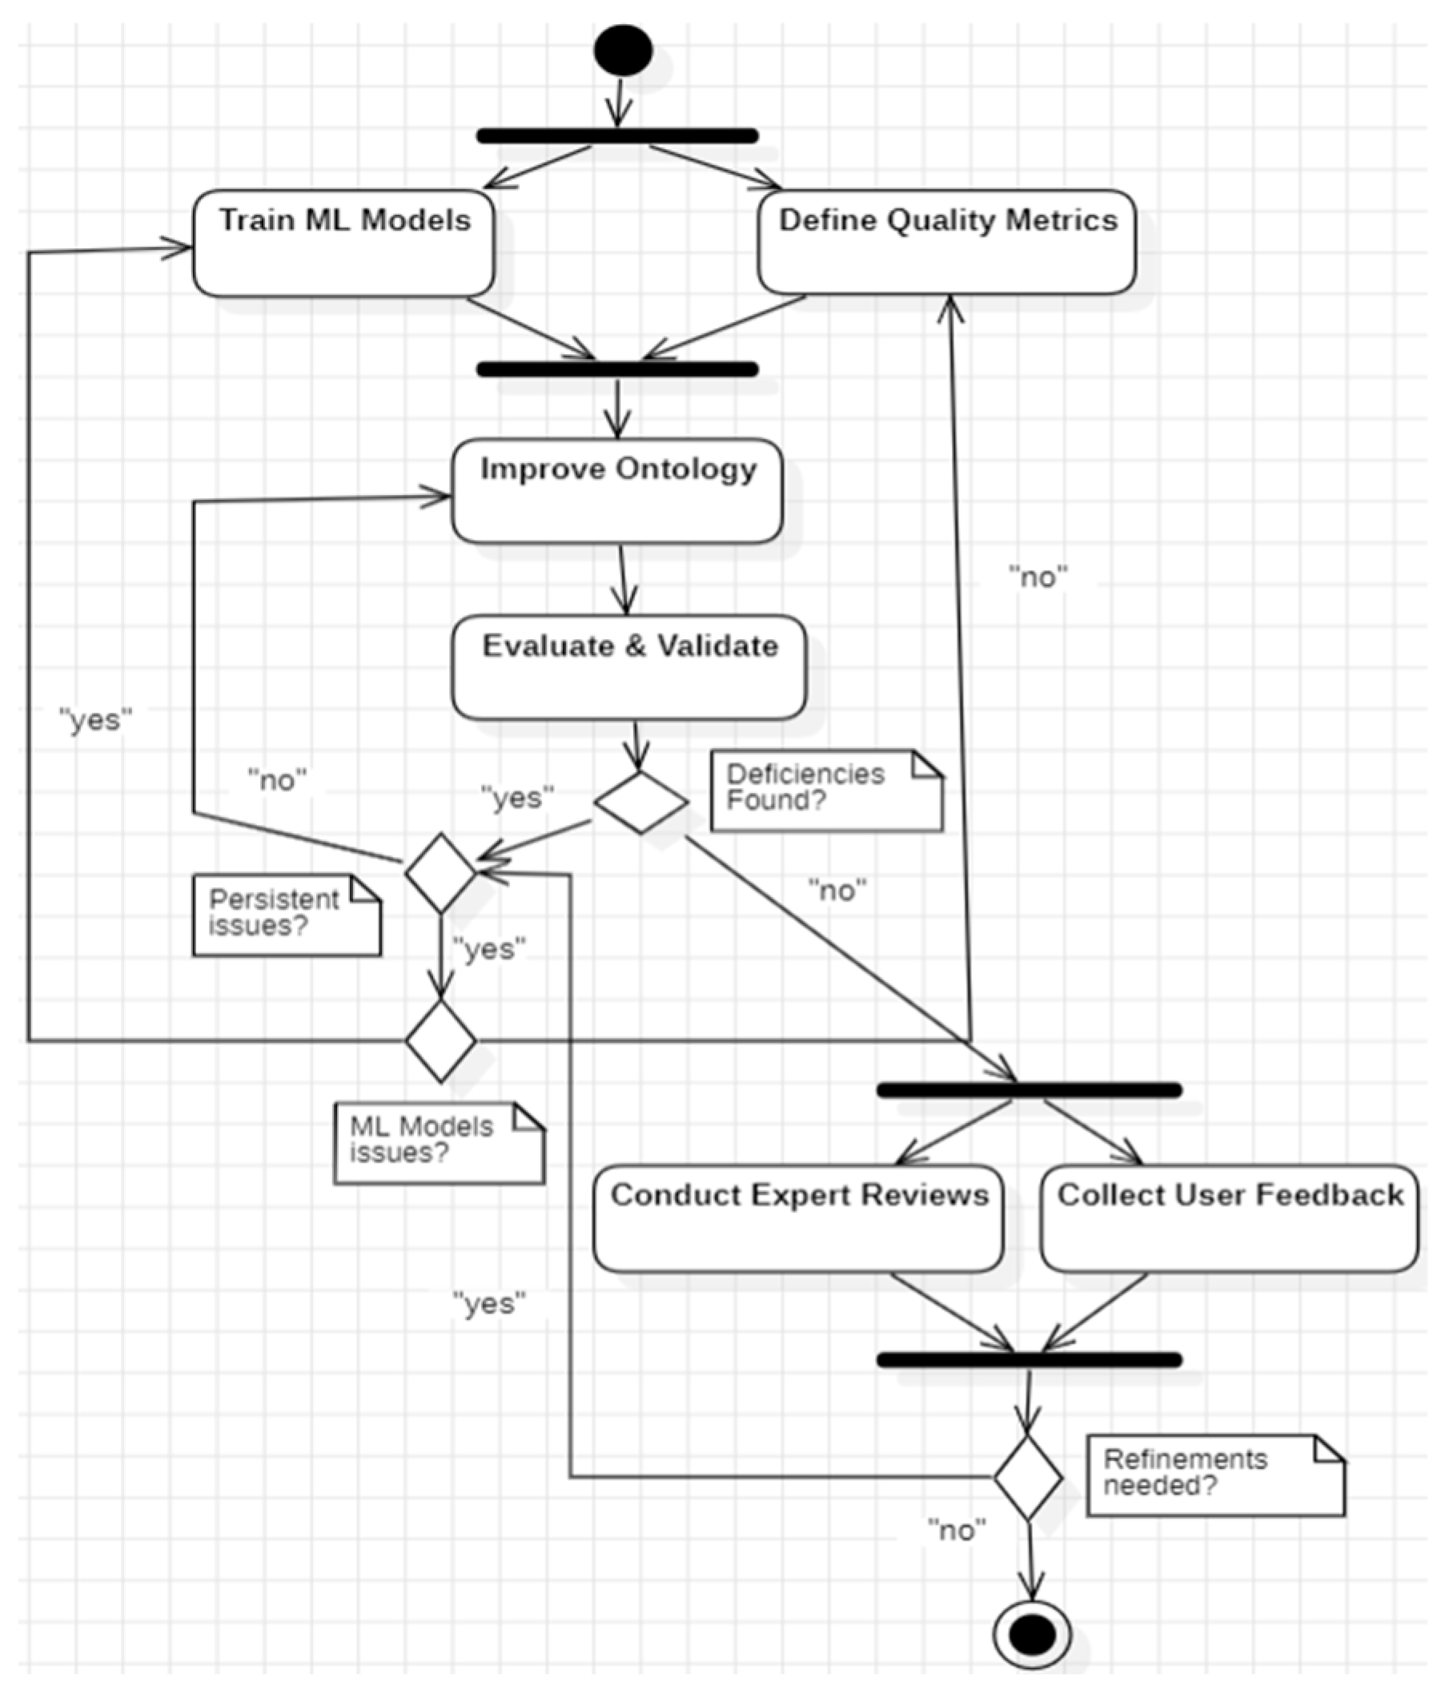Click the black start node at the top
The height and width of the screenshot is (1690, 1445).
pos(623,50)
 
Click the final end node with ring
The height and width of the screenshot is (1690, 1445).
pos(1032,1635)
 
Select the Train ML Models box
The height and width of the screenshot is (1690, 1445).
pos(343,243)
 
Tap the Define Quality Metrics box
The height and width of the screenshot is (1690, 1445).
pos(946,241)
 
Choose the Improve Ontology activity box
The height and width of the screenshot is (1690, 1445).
pos(617,491)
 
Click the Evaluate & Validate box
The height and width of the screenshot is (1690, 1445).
pos(628,667)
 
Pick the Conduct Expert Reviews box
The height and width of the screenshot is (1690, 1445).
pos(797,1218)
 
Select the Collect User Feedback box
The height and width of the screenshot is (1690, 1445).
pos(1229,1218)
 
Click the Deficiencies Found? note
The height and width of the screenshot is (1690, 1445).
pos(825,791)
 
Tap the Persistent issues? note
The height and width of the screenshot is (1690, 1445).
pos(287,915)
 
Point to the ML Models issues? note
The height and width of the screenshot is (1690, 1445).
pos(438,1143)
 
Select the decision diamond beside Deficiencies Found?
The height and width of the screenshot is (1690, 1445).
pos(641,802)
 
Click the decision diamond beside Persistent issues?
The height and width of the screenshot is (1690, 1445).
pos(440,872)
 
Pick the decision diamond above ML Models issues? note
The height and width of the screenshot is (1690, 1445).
pos(440,1040)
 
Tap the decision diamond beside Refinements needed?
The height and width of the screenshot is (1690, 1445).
pos(1027,1477)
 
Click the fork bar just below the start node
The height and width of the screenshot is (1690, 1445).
pos(617,136)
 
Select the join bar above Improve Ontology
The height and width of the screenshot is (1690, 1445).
pos(617,369)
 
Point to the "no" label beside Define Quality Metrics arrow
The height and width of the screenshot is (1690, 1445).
pos(1038,577)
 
